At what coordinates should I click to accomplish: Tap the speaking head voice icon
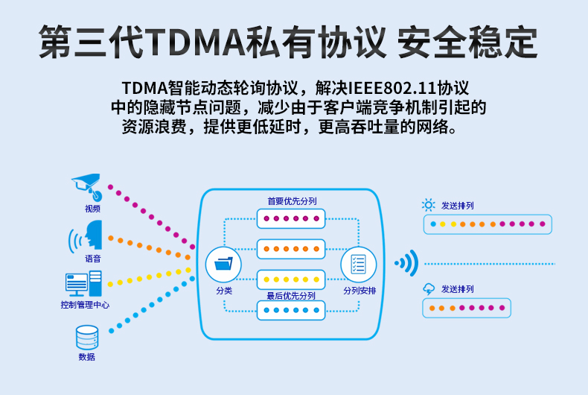(x=86, y=236)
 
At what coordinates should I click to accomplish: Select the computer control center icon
(x=84, y=283)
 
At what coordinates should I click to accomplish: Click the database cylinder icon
(x=86, y=338)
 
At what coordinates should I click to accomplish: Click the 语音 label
(x=92, y=259)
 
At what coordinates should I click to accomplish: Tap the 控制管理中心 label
(x=85, y=305)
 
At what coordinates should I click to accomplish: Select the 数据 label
(x=86, y=357)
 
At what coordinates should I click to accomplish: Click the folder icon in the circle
(x=223, y=264)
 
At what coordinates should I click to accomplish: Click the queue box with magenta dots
(x=291, y=219)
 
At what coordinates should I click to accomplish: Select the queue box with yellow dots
(x=291, y=279)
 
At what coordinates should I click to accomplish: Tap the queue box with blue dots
(x=291, y=309)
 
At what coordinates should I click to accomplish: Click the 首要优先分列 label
(x=292, y=201)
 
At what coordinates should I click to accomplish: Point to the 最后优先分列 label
(x=291, y=295)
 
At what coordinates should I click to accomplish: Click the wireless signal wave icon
(x=406, y=262)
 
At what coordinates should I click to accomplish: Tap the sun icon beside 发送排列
(x=428, y=205)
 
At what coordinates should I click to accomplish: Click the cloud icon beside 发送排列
(x=428, y=288)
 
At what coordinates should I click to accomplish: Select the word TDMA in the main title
(x=194, y=42)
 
